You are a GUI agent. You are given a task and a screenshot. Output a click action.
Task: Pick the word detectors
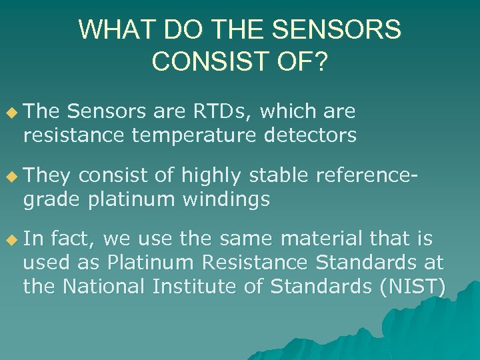(x=309, y=135)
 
